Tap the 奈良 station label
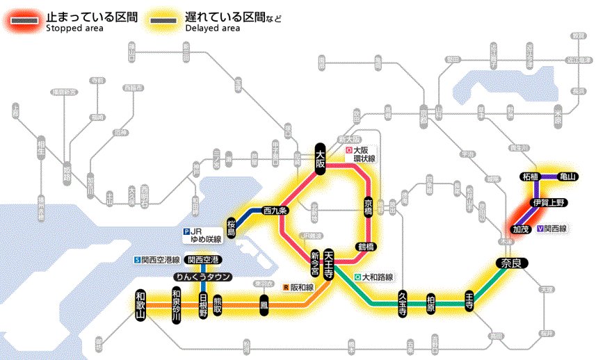pyautogui.click(x=513, y=263)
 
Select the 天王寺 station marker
pyautogui.click(x=330, y=264)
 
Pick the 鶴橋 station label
pyautogui.click(x=366, y=245)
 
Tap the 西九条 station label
pyautogui.click(x=275, y=210)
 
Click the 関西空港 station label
pyautogui.click(x=203, y=260)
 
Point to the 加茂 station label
pyautogui.click(x=520, y=228)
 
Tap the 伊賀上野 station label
pyautogui.click(x=549, y=202)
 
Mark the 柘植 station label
pyautogui.click(x=530, y=177)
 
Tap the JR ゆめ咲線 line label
pyautogui.click(x=202, y=235)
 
